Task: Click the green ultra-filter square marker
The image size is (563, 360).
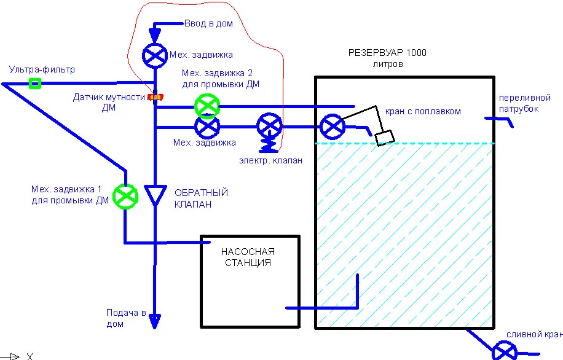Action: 36,83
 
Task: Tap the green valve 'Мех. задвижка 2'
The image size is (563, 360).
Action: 207,106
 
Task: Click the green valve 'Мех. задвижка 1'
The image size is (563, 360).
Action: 126,197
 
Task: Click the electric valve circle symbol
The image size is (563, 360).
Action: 269,127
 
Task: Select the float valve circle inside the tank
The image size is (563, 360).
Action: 332,127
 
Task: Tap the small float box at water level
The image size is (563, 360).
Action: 385,138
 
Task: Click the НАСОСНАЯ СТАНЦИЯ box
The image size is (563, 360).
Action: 250,281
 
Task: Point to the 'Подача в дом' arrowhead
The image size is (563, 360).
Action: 154,321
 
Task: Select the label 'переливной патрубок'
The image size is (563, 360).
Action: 519,103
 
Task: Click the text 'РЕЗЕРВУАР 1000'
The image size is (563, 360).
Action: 387,53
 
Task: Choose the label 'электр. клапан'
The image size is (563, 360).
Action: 271,160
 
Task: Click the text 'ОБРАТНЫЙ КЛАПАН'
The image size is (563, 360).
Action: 201,198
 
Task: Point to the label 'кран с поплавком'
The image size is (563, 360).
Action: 423,111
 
